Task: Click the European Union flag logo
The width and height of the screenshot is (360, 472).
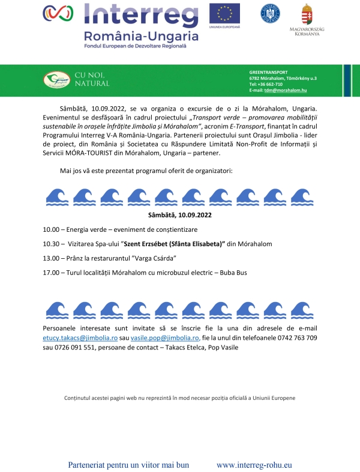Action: pos(224,13)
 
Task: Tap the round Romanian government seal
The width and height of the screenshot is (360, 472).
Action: pos(269,13)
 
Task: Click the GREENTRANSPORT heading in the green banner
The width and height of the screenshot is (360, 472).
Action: pos(268,71)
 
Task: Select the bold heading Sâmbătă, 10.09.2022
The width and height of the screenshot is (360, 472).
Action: pos(180,214)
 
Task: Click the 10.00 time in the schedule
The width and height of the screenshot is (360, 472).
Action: pos(51,230)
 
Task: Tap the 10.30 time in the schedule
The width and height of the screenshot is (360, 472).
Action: pos(51,244)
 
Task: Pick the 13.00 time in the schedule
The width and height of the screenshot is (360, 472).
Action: pos(51,258)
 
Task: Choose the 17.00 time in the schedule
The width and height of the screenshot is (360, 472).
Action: pos(51,273)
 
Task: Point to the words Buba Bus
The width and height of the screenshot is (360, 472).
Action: pos(231,273)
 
